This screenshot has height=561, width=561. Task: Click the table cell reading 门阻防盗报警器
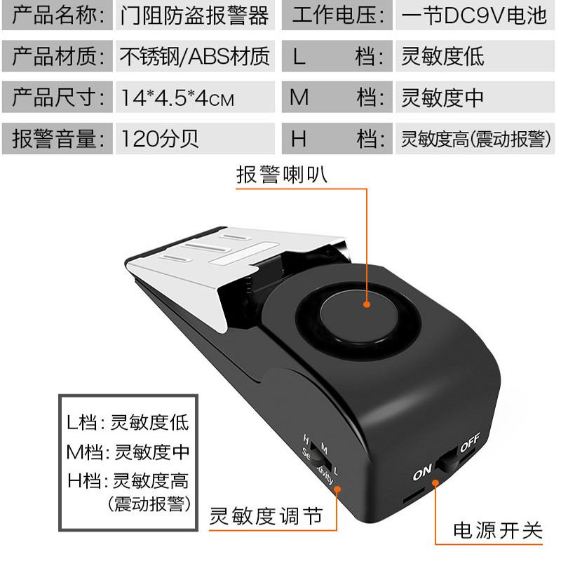195,15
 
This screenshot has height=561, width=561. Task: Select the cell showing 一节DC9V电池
474,15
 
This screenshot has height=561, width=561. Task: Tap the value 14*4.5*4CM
177,97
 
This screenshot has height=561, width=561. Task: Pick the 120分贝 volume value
161,138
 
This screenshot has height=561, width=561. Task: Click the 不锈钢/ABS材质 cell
195,56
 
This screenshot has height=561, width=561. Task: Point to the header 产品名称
58,15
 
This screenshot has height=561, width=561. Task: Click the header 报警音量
58,138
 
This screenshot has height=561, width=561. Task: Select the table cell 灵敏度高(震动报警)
474,138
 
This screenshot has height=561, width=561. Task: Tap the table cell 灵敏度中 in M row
442,97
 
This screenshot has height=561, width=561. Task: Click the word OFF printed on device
469,444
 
